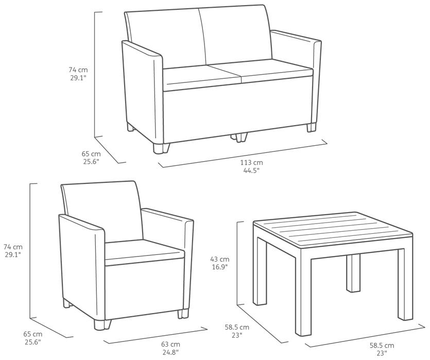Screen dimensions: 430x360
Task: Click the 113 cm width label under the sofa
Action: (251, 163)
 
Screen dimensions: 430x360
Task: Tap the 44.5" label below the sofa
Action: (251, 170)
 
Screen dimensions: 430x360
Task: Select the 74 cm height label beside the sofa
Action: (78, 70)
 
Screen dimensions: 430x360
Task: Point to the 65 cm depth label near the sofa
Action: (91, 154)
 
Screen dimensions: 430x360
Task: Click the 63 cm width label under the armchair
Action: (170, 345)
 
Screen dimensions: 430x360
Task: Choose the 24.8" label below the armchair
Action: (170, 352)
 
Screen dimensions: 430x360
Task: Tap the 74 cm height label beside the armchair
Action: (13, 247)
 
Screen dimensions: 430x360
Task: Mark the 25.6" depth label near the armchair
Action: (33, 342)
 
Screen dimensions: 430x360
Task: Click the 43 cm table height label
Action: (220, 259)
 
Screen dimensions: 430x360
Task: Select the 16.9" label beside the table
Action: (220, 266)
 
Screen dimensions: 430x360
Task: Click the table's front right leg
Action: (405, 284)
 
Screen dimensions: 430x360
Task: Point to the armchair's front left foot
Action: (102, 325)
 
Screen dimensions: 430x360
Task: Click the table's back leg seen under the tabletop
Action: (353, 273)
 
